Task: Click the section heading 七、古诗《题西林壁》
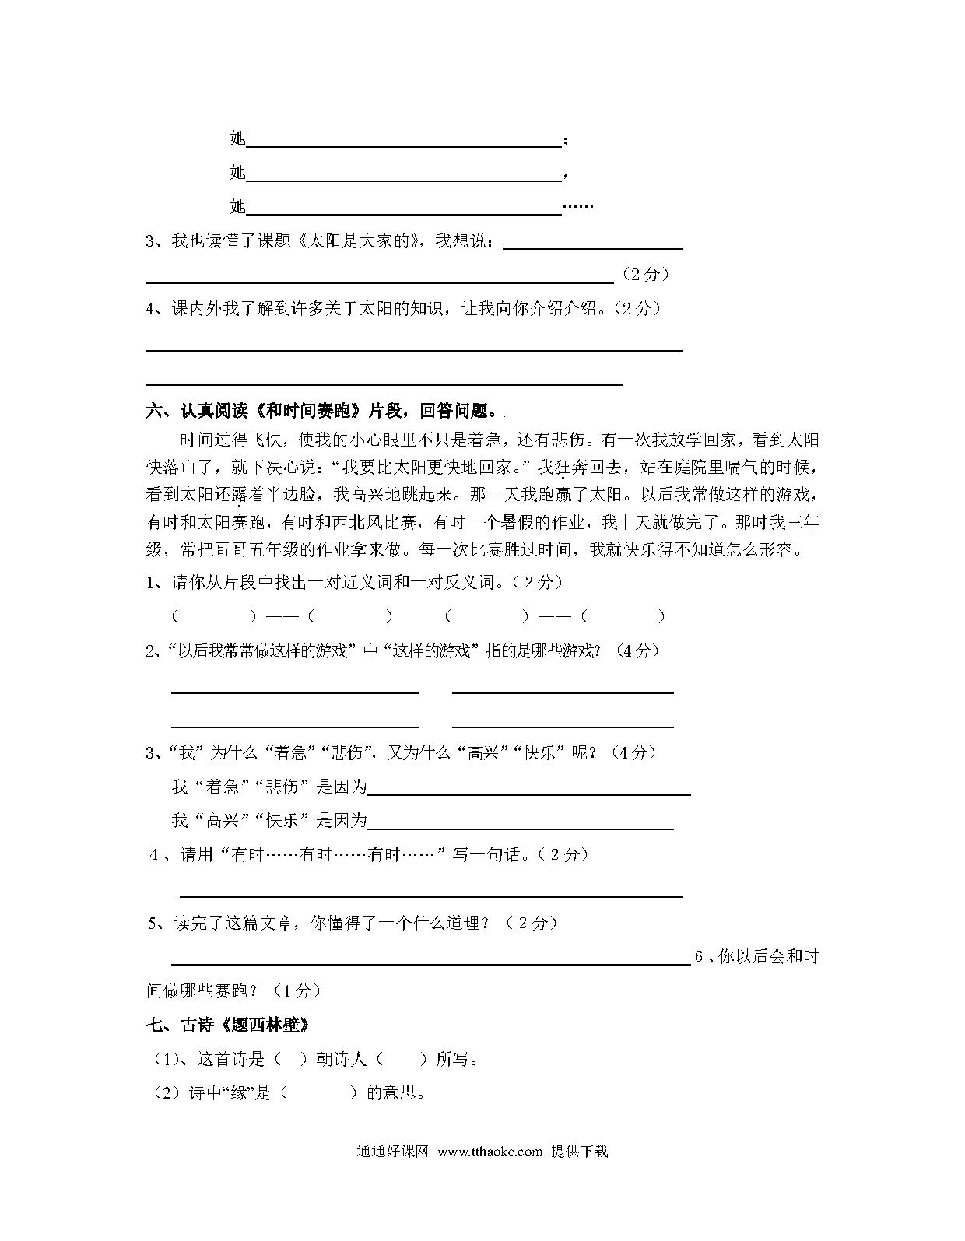[228, 1025]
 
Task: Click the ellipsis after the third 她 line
[577, 207]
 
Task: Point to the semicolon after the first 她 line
[565, 141]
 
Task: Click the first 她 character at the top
[237, 138]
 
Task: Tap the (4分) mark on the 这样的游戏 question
[637, 650]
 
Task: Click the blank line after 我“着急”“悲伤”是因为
[528, 794]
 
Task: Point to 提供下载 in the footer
[579, 1152]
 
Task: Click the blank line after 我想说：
[593, 247]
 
